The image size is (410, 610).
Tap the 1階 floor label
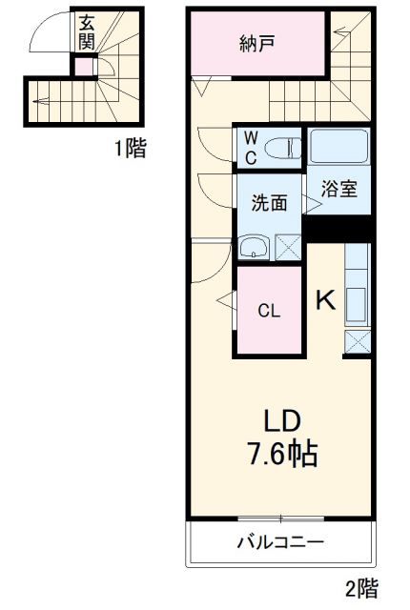point(131,148)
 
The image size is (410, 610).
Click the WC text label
point(249,148)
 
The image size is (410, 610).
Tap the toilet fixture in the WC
point(282,148)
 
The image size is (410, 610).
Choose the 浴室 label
point(338,188)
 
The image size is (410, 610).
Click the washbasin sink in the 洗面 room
point(254,248)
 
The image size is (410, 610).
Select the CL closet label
point(269,311)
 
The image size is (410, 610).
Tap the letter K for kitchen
point(325,300)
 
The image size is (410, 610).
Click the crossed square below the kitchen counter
point(357,344)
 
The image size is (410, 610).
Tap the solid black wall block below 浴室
point(337,229)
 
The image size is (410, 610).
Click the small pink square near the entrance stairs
point(86,66)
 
